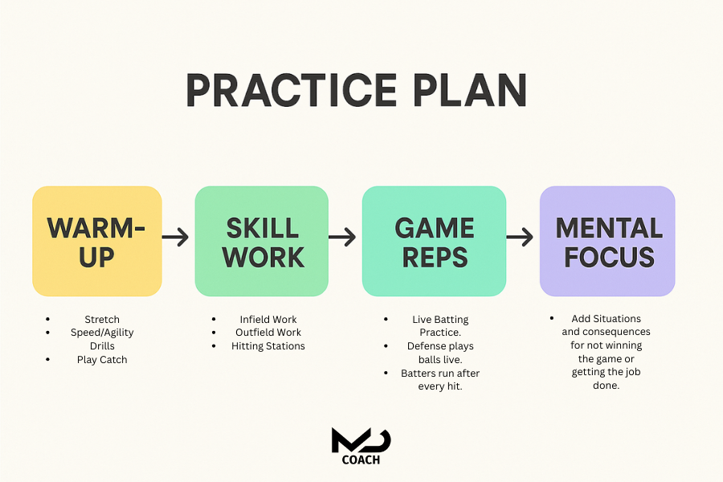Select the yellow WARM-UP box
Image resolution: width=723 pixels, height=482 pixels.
coord(97,241)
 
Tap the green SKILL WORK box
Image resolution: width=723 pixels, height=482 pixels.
coord(262,241)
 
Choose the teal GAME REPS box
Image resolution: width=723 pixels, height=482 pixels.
coord(434,241)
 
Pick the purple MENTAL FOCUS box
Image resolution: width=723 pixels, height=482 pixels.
coord(607,241)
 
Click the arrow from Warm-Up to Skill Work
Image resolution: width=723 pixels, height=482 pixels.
coord(176,237)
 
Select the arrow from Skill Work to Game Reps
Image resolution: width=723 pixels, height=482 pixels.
coord(343,237)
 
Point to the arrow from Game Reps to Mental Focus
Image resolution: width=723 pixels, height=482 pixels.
coord(520,237)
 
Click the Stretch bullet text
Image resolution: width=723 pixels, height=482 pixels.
coord(102,320)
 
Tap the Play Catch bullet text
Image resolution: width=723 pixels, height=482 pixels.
coord(102,360)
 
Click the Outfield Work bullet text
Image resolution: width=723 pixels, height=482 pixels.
coord(268,333)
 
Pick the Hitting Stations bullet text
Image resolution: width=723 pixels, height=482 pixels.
coord(268,346)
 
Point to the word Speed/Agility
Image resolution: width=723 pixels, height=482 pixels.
coord(102,333)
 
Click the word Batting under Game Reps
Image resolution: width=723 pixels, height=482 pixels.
coord(452,320)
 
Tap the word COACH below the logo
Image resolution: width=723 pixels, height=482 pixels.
coord(361,460)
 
